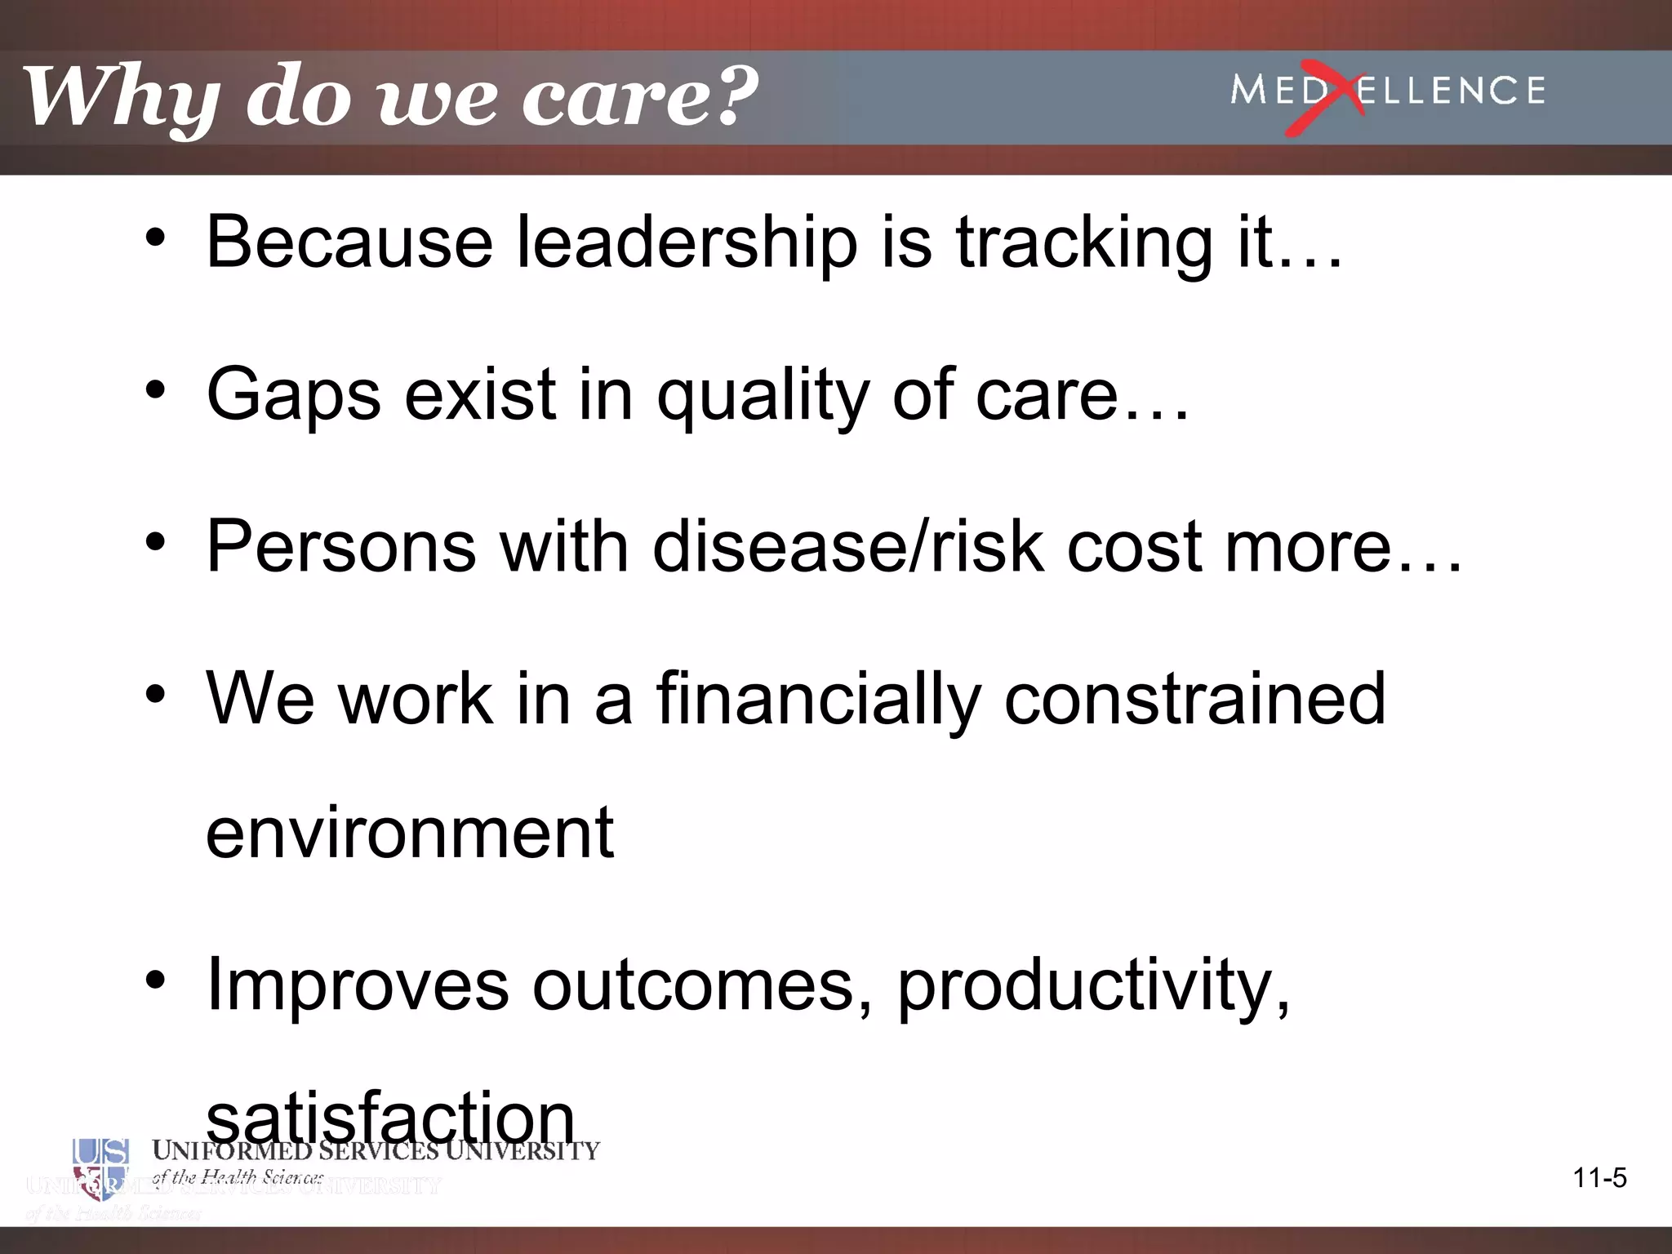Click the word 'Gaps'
point(294,395)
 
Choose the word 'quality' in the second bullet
point(763,395)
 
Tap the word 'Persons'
point(341,546)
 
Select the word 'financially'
point(817,699)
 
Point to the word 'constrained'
point(1194,699)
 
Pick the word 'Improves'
point(358,985)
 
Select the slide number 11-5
point(1599,1178)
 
